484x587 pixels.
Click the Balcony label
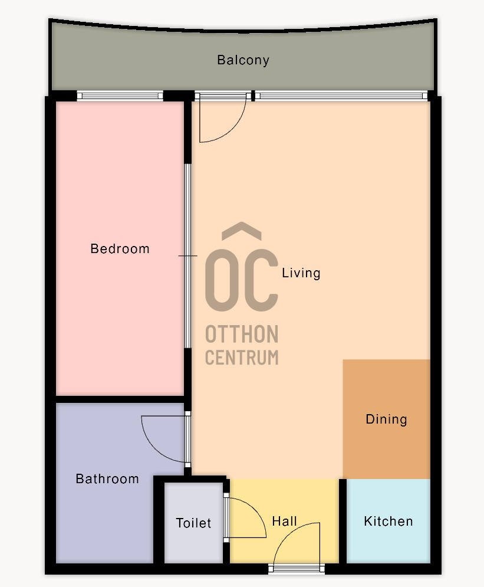pos(243,60)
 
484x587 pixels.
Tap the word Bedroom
pos(120,248)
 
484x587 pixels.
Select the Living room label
pos(301,273)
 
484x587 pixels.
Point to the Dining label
pos(386,419)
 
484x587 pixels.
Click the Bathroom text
pos(107,479)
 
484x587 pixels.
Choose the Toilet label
pos(193,523)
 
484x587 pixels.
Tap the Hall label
pos(284,521)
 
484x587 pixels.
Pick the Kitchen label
pos(388,521)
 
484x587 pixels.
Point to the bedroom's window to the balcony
pos(120,96)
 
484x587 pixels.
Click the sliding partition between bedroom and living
pos(188,256)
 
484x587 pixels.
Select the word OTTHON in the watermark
pos(242,334)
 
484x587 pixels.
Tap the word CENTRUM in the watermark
pos(242,357)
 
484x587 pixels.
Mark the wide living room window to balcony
pos(341,96)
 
